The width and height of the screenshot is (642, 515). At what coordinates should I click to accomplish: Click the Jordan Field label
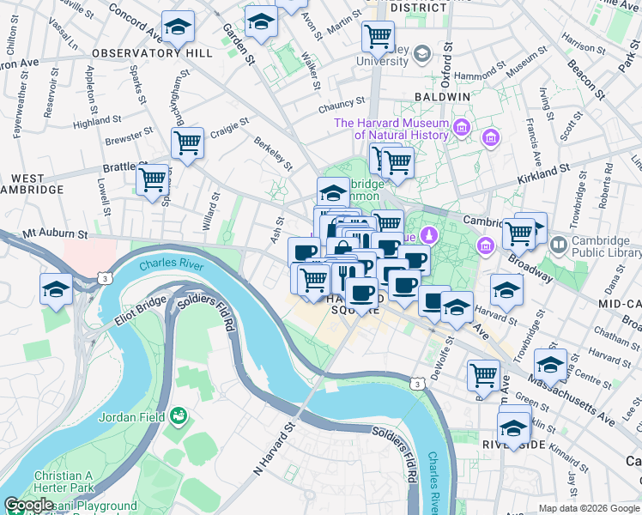pos(130,418)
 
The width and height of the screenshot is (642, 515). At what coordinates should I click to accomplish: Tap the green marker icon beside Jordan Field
pos(179,417)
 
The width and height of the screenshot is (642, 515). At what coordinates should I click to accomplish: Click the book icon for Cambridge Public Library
pos(560,245)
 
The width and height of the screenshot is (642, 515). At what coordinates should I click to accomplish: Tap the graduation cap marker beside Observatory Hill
pos(179,28)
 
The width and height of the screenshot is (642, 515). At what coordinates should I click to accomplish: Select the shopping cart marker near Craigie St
pos(187,142)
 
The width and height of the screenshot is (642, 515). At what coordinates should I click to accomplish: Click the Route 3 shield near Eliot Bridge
pos(105,278)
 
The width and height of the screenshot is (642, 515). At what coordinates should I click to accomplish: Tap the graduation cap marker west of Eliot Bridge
pos(56,289)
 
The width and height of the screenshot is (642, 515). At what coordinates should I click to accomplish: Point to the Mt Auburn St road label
pos(55,233)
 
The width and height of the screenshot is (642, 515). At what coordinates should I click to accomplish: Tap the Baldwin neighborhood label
pos(443,98)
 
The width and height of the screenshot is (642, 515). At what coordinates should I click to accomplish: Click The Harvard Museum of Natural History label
pos(391,129)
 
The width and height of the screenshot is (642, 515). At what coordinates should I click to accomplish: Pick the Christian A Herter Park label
pos(64,482)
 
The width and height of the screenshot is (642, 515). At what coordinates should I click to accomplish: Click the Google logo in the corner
pos(29,505)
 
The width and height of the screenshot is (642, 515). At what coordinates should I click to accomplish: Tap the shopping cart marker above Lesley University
pos(378,37)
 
